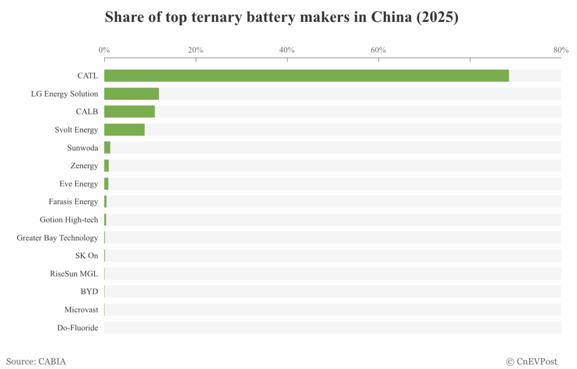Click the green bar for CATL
(307, 76)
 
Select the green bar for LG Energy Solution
(131, 94)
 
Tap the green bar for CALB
(129, 112)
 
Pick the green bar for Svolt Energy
(124, 130)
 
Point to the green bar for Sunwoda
(107, 148)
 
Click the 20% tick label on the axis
(196, 50)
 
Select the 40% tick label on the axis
(287, 50)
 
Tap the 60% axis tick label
(378, 50)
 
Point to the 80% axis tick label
(561, 50)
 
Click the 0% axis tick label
(104, 50)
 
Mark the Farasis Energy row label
(73, 201)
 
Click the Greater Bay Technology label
(57, 238)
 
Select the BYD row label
(89, 292)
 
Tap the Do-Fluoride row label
(77, 328)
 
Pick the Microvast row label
(81, 310)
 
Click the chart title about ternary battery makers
(282, 17)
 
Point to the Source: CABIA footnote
(36, 361)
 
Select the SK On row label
(86, 256)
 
